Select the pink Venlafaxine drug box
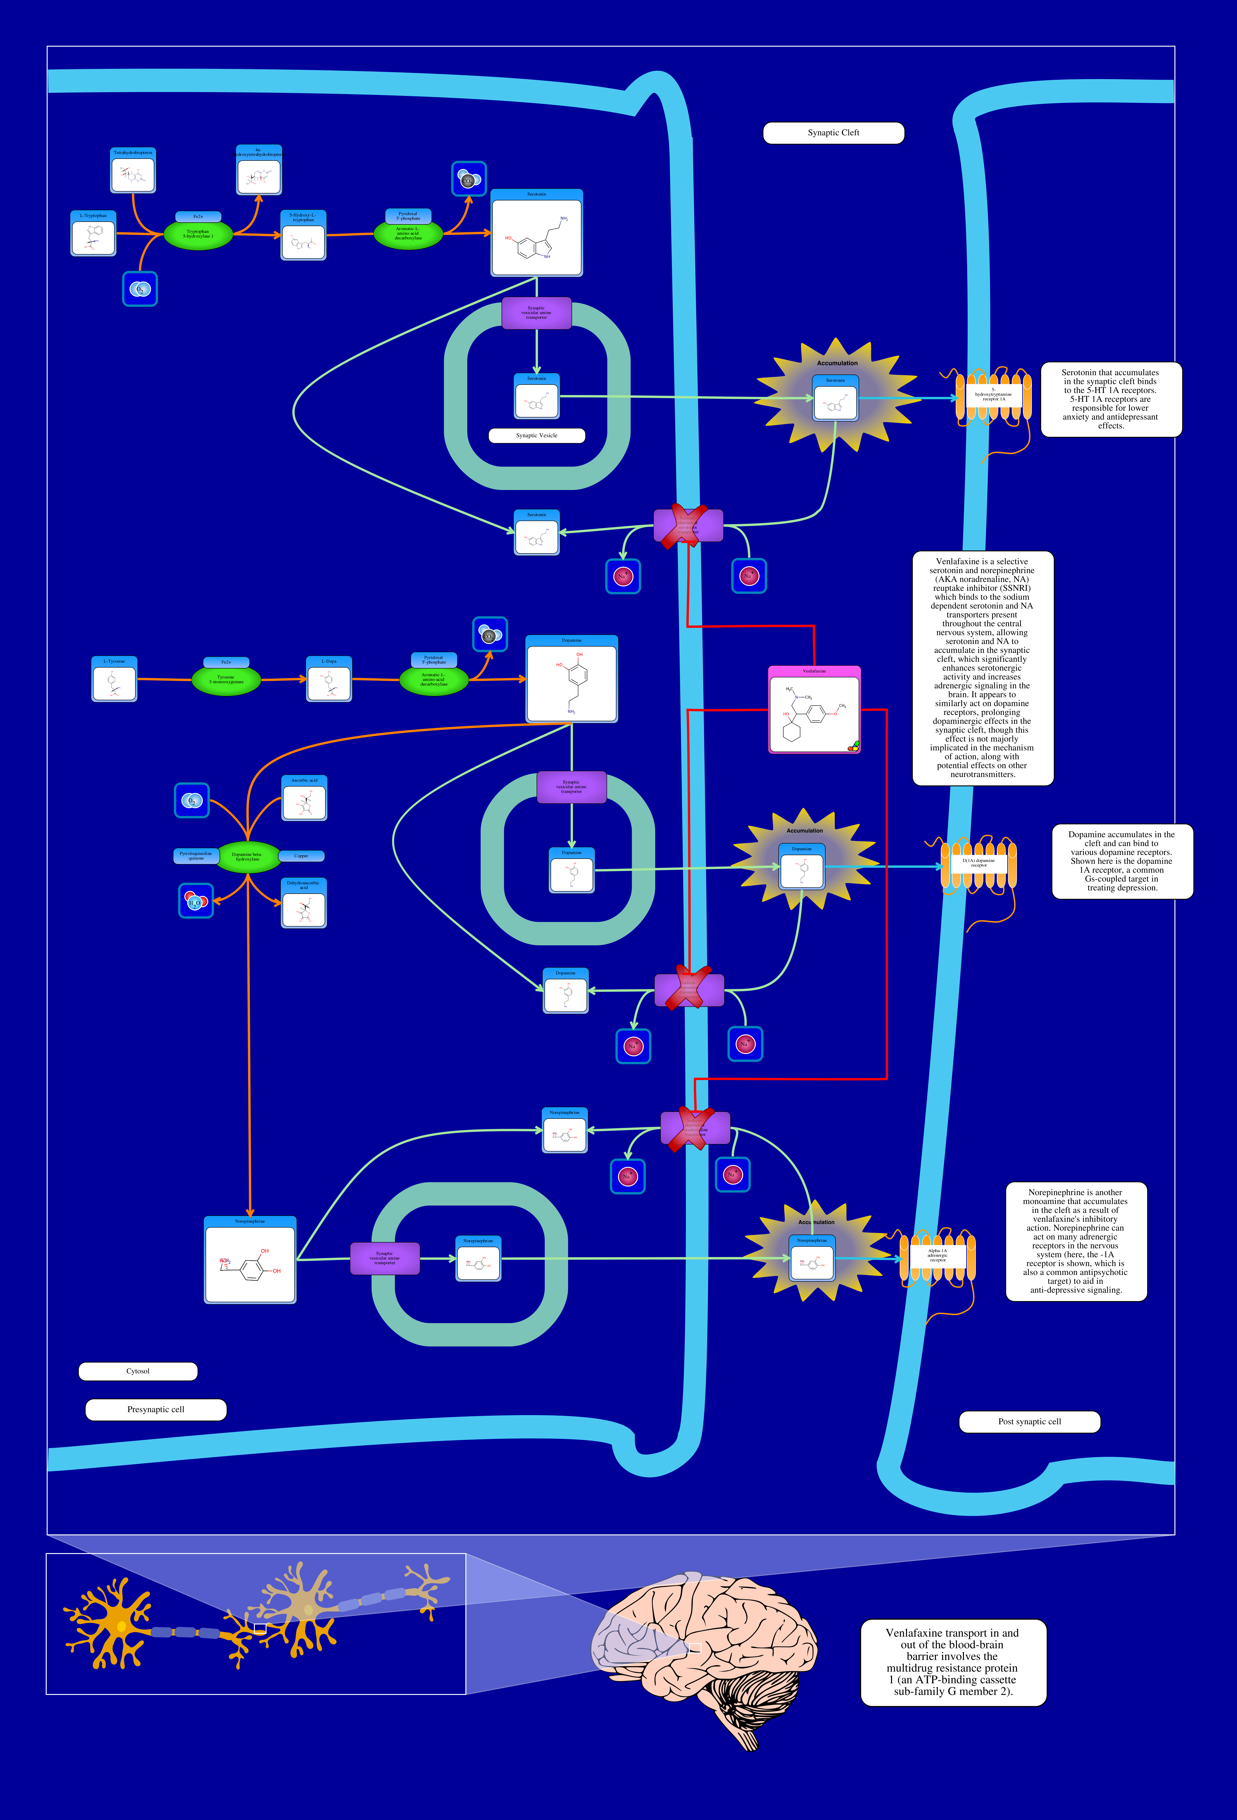tap(814, 710)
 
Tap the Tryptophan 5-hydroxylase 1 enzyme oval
tap(198, 233)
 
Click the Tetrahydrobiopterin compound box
tap(133, 171)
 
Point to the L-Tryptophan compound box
tap(93, 233)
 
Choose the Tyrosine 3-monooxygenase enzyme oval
tap(226, 679)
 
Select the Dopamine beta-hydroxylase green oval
tap(247, 857)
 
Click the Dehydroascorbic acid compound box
tap(304, 904)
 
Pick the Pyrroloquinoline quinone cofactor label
tap(196, 856)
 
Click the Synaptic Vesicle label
tap(537, 435)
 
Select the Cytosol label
tap(138, 1371)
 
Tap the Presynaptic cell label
tap(156, 1410)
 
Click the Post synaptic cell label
tap(1030, 1421)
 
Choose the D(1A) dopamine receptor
tap(978, 864)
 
